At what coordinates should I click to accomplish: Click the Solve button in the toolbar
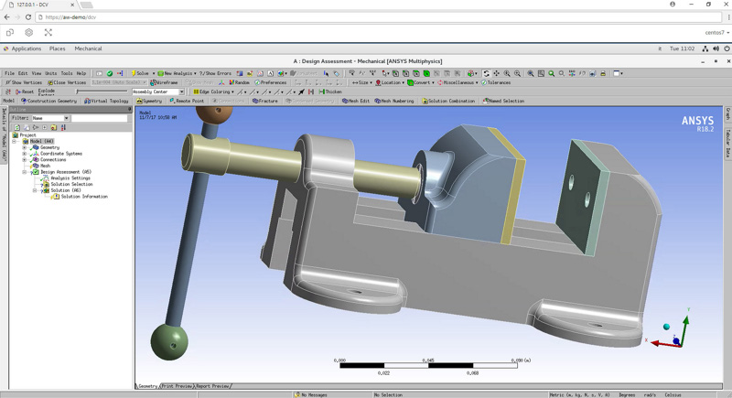click(x=141, y=73)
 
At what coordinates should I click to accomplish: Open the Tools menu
click(x=67, y=73)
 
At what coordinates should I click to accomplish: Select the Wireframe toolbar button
click(x=165, y=82)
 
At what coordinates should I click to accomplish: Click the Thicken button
click(x=330, y=91)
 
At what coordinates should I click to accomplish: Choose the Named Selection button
click(x=504, y=101)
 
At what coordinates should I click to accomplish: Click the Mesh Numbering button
click(x=394, y=101)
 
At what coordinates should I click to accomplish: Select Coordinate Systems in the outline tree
click(x=60, y=154)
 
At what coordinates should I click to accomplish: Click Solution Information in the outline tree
click(x=83, y=197)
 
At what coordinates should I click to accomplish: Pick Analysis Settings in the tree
click(x=70, y=178)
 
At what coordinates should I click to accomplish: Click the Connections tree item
click(x=52, y=160)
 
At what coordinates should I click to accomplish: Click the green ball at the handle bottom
click(x=169, y=340)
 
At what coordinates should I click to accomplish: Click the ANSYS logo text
click(x=697, y=121)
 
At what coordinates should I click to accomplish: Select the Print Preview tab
click(x=177, y=386)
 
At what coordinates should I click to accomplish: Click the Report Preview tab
click(x=212, y=386)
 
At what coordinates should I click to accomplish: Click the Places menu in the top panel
click(x=57, y=48)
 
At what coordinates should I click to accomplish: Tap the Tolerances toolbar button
click(x=496, y=82)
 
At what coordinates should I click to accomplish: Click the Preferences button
click(x=271, y=82)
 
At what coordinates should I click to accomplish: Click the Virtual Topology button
click(x=106, y=101)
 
